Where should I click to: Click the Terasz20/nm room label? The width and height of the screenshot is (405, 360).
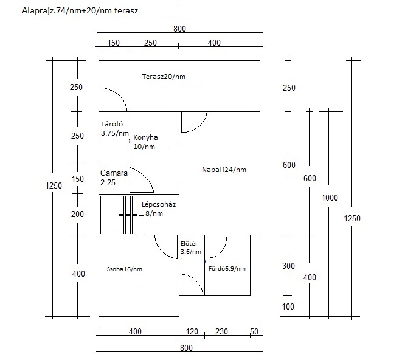164,77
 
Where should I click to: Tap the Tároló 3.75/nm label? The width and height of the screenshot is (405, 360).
115,128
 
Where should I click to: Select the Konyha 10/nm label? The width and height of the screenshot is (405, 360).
145,142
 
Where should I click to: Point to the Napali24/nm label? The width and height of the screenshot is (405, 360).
224,170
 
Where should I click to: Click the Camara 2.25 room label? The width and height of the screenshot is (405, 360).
114,178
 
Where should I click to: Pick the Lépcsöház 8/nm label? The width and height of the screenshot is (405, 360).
159,209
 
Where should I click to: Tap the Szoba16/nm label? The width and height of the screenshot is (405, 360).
125,269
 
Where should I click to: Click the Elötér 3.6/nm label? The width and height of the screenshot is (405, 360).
190,247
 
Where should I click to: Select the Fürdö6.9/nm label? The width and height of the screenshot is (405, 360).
227,269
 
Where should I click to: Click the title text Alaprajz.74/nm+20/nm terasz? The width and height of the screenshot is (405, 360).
80,10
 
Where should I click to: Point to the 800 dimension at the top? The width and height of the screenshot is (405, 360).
179,29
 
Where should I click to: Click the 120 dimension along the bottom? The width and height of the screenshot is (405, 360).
192,331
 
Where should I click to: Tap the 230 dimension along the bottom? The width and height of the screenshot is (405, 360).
221,331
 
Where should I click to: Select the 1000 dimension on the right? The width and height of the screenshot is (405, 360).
330,198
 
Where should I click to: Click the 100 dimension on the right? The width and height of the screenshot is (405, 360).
288,306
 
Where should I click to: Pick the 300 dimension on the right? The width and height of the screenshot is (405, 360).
288,266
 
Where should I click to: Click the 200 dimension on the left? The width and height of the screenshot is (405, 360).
77,214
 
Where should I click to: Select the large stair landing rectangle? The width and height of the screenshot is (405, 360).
109,215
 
